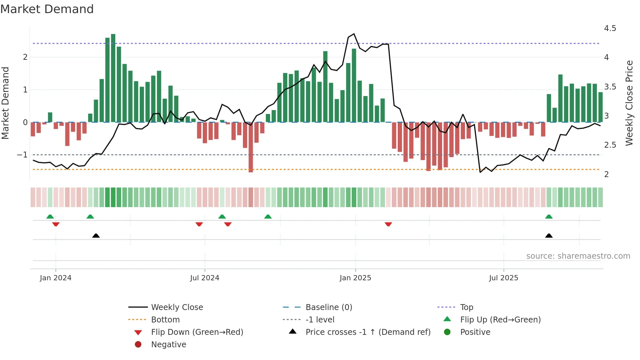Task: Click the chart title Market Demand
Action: pyautogui.click(x=47, y=9)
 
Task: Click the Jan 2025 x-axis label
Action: pyautogui.click(x=355, y=278)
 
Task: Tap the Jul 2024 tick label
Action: pyautogui.click(x=205, y=278)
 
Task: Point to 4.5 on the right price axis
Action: pyautogui.click(x=610, y=28)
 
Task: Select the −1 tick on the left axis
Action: pyautogui.click(x=23, y=155)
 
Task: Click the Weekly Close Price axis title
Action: pyautogui.click(x=629, y=103)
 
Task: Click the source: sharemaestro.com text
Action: pyautogui.click(x=578, y=256)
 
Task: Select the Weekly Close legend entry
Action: pyautogui.click(x=177, y=307)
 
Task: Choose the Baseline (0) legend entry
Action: pyautogui.click(x=328, y=307)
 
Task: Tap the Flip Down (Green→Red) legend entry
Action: pyautogui.click(x=197, y=332)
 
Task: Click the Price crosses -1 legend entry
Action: pyautogui.click(x=368, y=332)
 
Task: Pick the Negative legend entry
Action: pyautogui.click(x=168, y=345)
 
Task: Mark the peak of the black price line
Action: pyautogui.click(x=354, y=34)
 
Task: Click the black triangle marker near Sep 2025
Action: pyautogui.click(x=549, y=236)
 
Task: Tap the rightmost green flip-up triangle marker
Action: pyautogui.click(x=549, y=217)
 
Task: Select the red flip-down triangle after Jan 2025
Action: pyautogui.click(x=388, y=224)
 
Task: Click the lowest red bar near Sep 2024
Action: pyautogui.click(x=251, y=147)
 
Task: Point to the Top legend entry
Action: pyautogui.click(x=466, y=307)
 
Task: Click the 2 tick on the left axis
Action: pyautogui.click(x=25, y=57)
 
